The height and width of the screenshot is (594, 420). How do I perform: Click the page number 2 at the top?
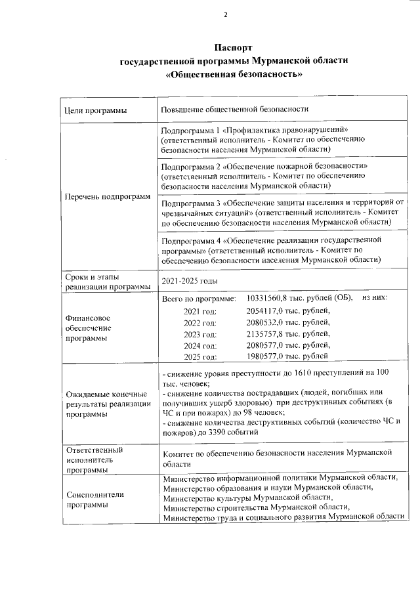click(225, 15)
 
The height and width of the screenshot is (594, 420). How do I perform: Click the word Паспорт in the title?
click(234, 48)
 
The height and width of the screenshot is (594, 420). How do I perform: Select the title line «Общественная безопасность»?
click(234, 74)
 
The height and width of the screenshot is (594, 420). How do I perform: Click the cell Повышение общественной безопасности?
click(234, 109)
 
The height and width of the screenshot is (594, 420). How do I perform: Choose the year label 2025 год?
click(200, 357)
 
